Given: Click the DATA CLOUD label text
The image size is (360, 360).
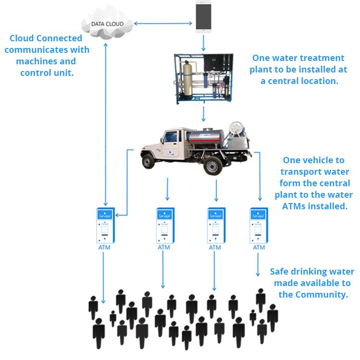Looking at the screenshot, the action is click(x=108, y=24).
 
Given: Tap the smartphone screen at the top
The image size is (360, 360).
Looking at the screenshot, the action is click(x=204, y=16).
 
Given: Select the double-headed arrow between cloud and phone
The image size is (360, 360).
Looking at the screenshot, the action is click(x=163, y=23).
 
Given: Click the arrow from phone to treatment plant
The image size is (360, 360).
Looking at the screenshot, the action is click(x=203, y=43).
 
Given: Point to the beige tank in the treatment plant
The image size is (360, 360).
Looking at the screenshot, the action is click(x=188, y=79).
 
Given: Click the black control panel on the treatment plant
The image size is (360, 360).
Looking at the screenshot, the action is click(x=214, y=62).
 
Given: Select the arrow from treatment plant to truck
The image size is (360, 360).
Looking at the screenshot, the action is click(x=203, y=114).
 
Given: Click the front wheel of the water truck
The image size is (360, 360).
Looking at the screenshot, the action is click(x=148, y=161).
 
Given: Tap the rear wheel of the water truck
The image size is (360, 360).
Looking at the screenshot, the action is click(x=213, y=165).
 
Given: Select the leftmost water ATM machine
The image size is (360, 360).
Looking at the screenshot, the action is click(x=106, y=226).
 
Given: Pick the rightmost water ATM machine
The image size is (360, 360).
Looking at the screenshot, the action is click(x=259, y=226).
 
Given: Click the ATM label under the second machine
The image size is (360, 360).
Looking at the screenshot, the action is click(x=164, y=247).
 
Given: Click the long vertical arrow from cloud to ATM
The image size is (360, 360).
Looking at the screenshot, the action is click(x=106, y=124).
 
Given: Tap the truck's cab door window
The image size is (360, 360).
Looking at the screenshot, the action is click(x=170, y=137).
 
